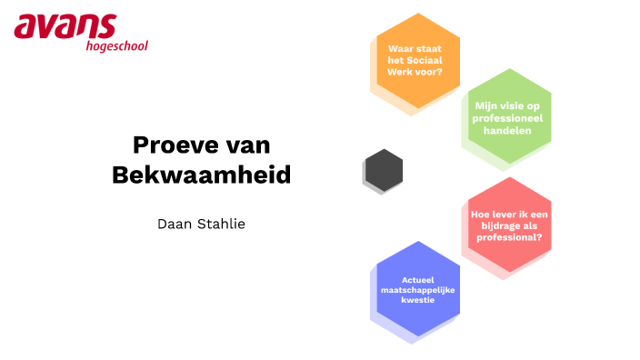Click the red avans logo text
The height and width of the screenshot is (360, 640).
tap(65, 26)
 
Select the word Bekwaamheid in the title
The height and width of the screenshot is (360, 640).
tap(201, 175)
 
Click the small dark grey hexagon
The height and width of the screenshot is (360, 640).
tap(383, 168)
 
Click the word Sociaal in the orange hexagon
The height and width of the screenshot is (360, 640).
tap(431, 59)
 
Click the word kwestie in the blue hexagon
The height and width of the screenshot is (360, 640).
tap(417, 299)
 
